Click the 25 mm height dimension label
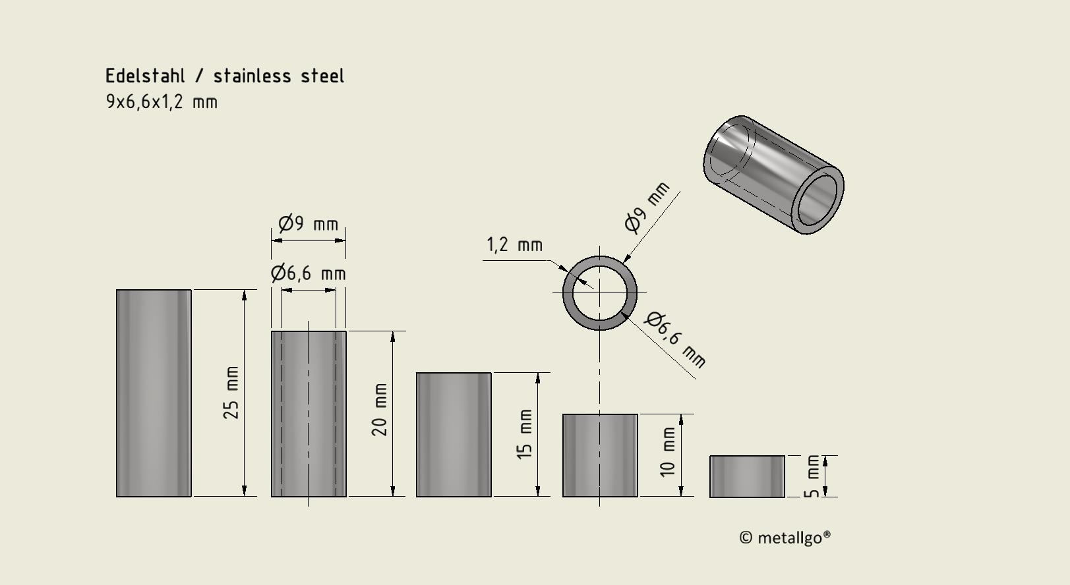click(231, 393)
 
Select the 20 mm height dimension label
click(380, 410)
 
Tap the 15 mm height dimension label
click(525, 433)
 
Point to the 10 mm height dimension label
click(668, 452)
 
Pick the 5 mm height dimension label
click(813, 476)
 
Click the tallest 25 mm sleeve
click(154, 393)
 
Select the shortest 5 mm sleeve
click(747, 476)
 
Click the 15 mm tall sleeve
click(454, 434)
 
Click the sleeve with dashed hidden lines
click(309, 413)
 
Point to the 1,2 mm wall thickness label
click(514, 245)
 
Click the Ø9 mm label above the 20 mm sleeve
click(308, 224)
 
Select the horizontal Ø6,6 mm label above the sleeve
click(308, 273)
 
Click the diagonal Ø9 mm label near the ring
click(647, 207)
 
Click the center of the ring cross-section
click(599, 292)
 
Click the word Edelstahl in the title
click(145, 76)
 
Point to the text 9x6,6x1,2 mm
click(162, 102)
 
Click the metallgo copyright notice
click(785, 538)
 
